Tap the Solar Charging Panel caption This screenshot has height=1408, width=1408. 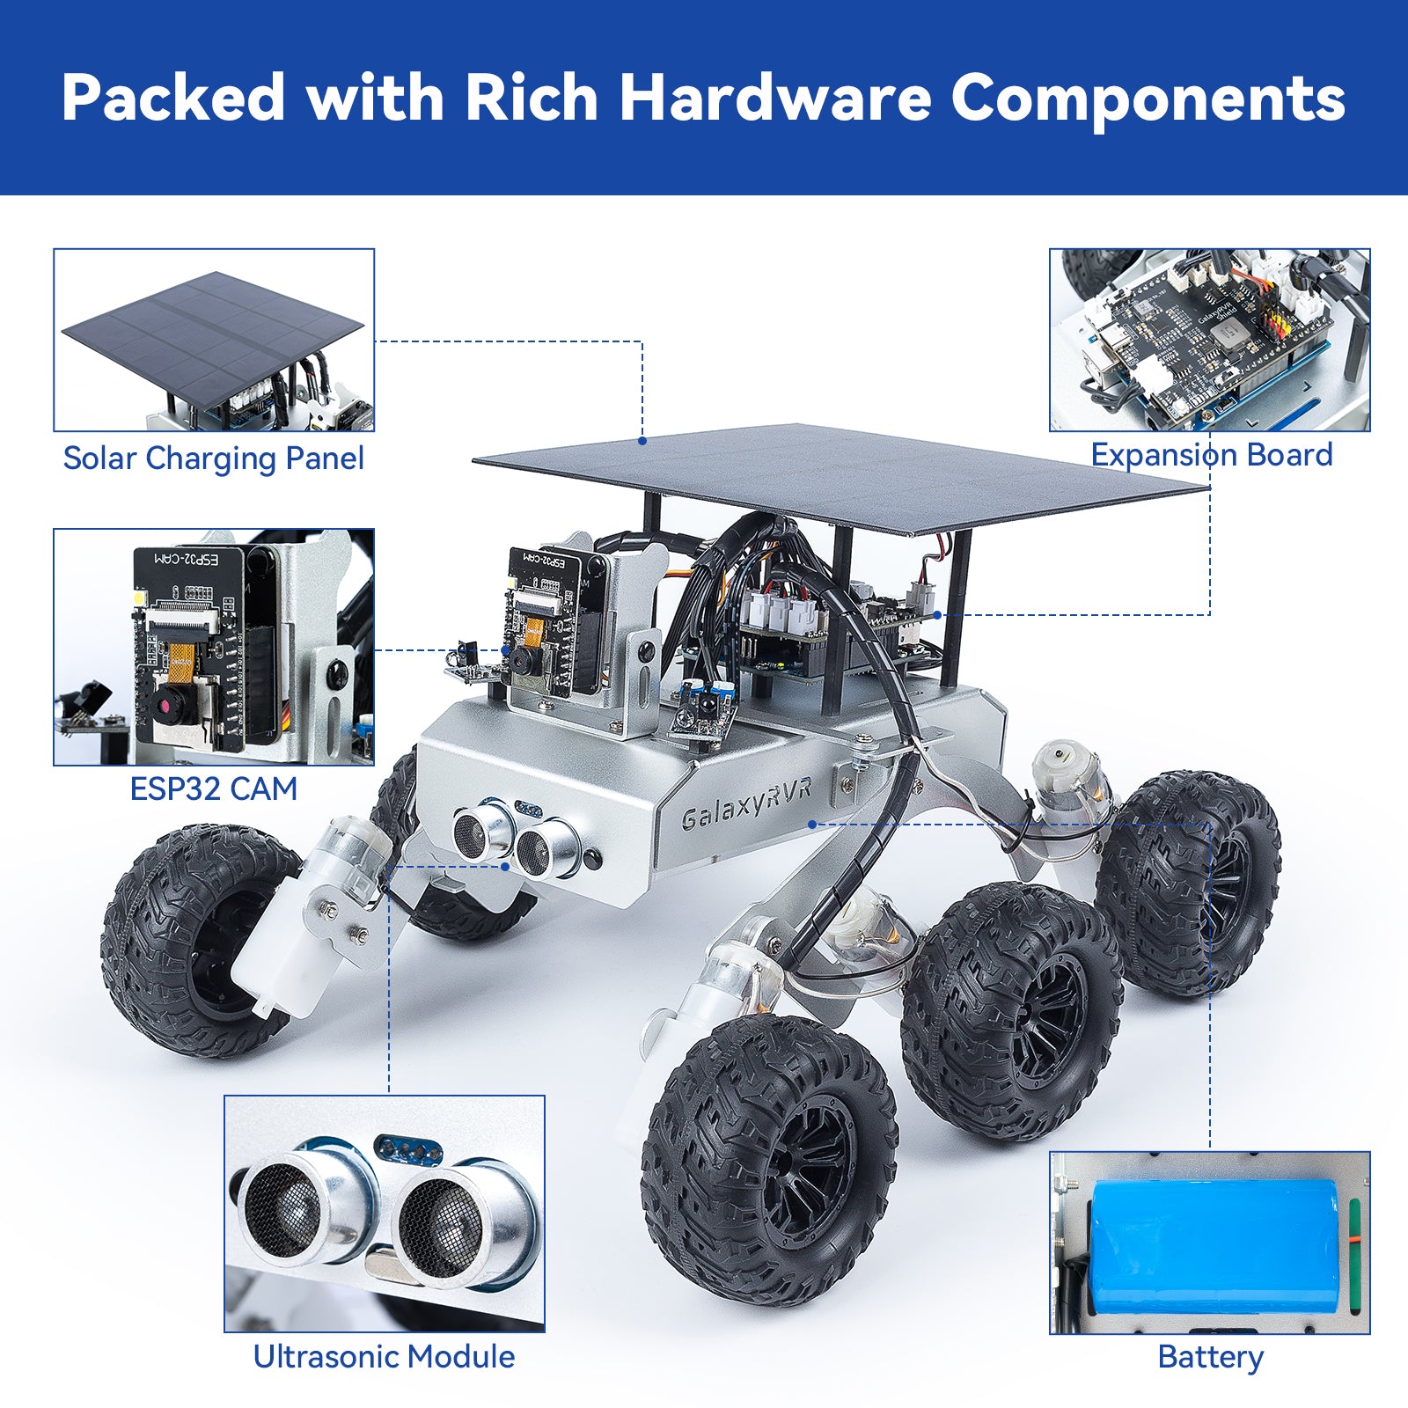click(214, 458)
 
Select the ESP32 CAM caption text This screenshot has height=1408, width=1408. click(214, 788)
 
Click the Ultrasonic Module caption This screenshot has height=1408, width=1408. click(384, 1356)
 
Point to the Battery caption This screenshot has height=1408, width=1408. click(1210, 1356)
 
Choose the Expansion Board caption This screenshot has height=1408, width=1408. click(1212, 455)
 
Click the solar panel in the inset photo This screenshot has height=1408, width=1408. click(211, 339)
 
